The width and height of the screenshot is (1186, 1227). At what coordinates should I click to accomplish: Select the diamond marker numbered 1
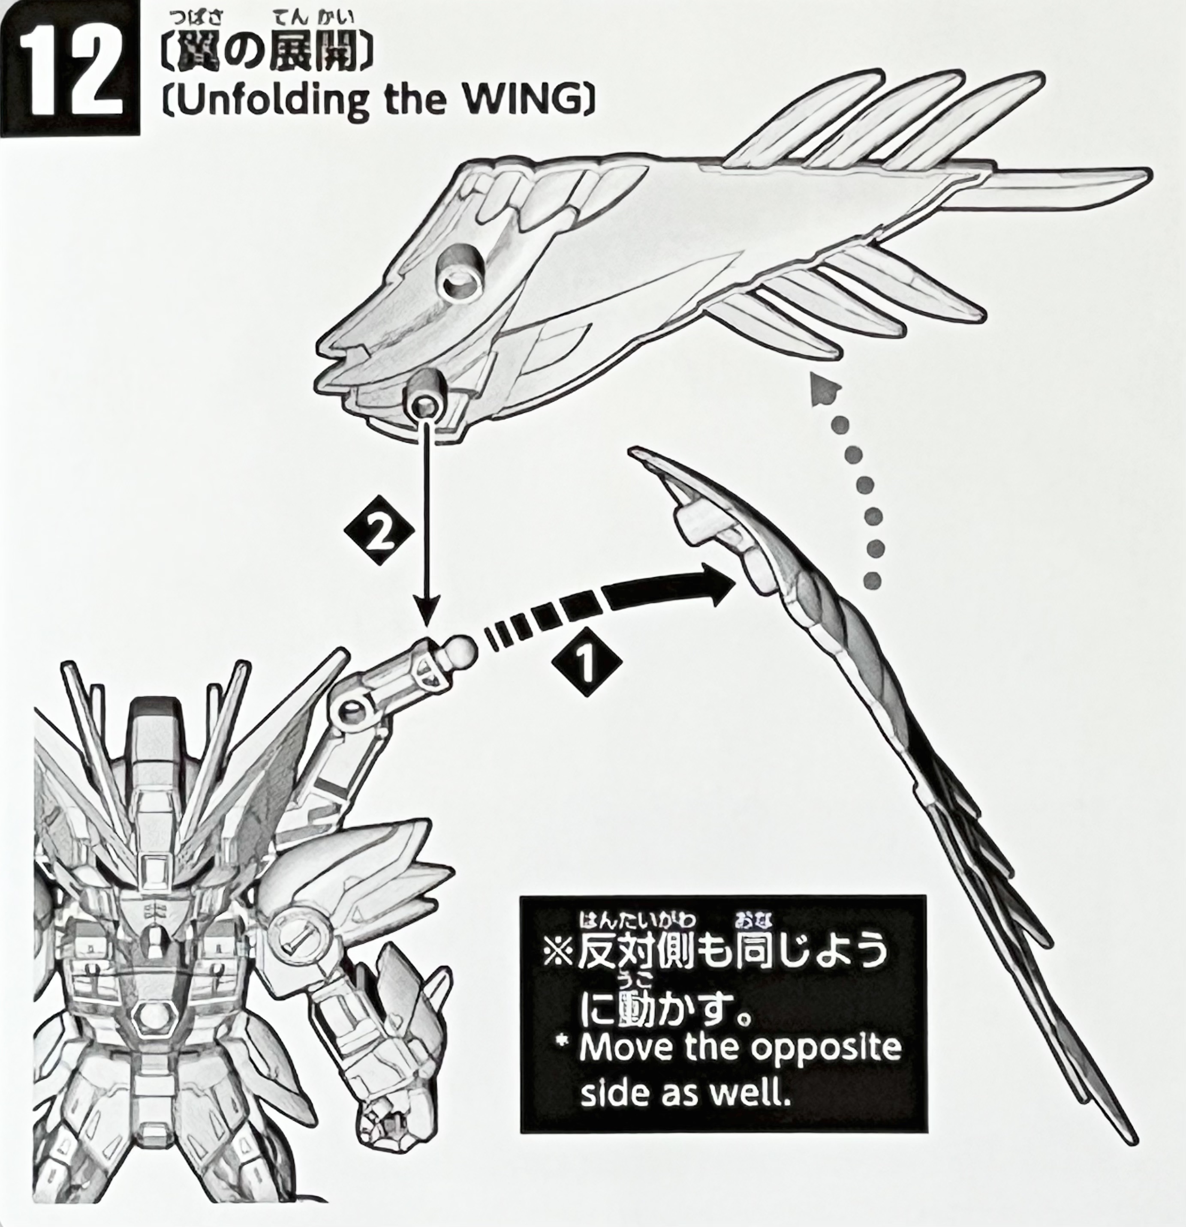click(x=587, y=662)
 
